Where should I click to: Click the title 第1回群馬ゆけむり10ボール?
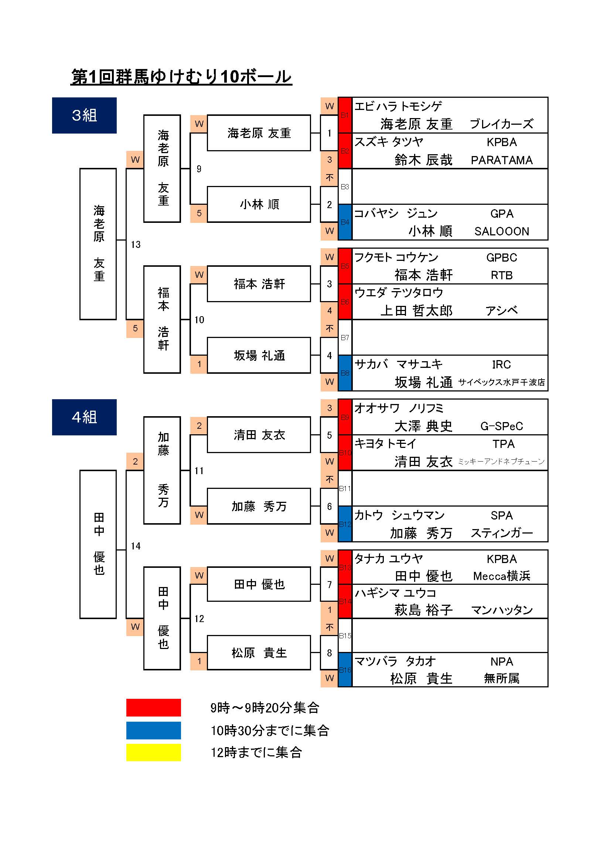coord(181,77)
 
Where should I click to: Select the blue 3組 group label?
coord(84,115)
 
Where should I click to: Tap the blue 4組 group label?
coord(84,417)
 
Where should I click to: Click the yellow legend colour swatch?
coord(154,752)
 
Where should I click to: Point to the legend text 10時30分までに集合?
coord(270,730)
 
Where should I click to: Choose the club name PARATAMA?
coord(502,160)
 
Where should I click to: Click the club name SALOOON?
coord(502,231)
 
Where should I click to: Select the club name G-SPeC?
coord(502,426)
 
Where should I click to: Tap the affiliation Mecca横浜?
coord(502,576)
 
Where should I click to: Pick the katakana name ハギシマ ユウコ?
coord(395,593)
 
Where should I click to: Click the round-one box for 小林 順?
coord(259,204)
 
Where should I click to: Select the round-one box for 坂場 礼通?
coord(259,355)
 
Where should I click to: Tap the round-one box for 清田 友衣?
coord(259,435)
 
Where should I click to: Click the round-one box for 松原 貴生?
coord(259,653)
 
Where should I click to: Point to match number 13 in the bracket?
coord(136,245)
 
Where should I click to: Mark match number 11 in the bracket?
coord(199,470)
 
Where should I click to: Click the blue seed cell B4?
coord(345,222)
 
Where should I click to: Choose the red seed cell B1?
coord(345,115)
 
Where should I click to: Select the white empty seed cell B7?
coord(345,338)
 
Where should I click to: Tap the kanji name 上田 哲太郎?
coord(416,311)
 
